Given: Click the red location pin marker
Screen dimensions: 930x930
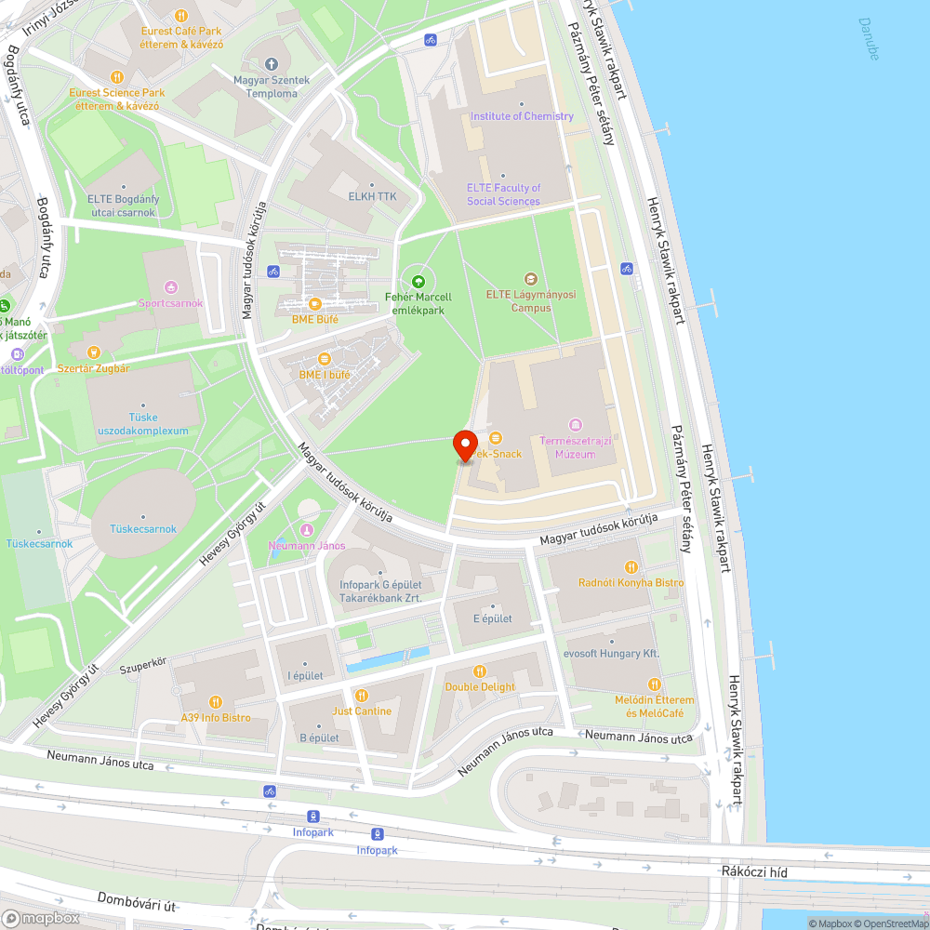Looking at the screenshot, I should coord(465,445).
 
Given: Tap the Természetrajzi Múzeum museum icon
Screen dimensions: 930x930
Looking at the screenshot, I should coord(575,426).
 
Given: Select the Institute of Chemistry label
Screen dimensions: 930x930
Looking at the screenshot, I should coord(522,116).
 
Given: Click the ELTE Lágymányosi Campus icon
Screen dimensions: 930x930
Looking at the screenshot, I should coord(531,278).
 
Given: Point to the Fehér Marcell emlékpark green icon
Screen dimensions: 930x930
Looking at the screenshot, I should coord(418,280).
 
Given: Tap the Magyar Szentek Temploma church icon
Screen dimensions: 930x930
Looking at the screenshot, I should coord(272,64).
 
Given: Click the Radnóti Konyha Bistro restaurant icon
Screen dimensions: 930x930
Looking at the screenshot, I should coord(631,566).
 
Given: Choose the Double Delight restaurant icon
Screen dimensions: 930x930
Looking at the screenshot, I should coord(480,671).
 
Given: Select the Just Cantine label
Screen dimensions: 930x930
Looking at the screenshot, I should coord(362,711).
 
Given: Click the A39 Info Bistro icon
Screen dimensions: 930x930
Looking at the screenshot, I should coord(216,702).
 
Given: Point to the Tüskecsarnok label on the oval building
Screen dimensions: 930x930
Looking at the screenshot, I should coord(143,529).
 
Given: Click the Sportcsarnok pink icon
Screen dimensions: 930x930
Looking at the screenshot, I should coord(170,286).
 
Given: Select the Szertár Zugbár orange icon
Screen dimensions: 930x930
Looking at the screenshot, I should coord(93,352).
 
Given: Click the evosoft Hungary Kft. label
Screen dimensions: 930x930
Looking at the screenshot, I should coord(611,654).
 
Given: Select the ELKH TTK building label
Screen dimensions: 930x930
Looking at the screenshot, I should coord(372,196).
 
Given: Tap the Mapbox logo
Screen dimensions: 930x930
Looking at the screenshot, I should coord(41,918).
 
